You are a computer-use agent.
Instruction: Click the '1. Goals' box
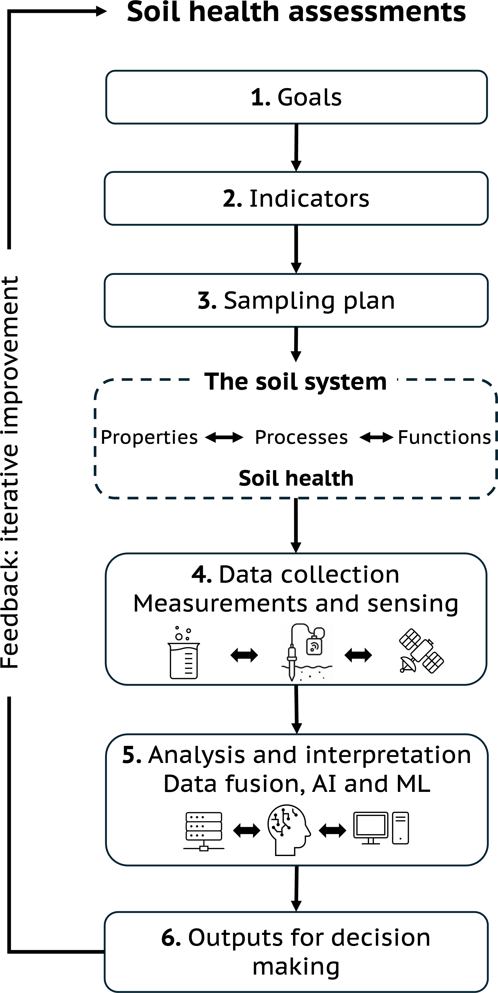pos(296,97)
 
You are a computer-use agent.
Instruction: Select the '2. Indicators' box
pos(296,198)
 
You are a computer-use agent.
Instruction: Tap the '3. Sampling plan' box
pos(296,300)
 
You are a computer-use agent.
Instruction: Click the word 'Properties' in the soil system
pos(149,437)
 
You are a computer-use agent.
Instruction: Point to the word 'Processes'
pos(301,437)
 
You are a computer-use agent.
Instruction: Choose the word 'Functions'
pos(444,437)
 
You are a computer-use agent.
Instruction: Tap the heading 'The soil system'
pos(295,382)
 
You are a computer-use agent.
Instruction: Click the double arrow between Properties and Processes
pos(224,437)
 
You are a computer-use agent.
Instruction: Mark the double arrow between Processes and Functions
pos(376,437)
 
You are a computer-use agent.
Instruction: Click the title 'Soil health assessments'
pos(296,12)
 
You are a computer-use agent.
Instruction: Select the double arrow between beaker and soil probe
pos(244,655)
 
